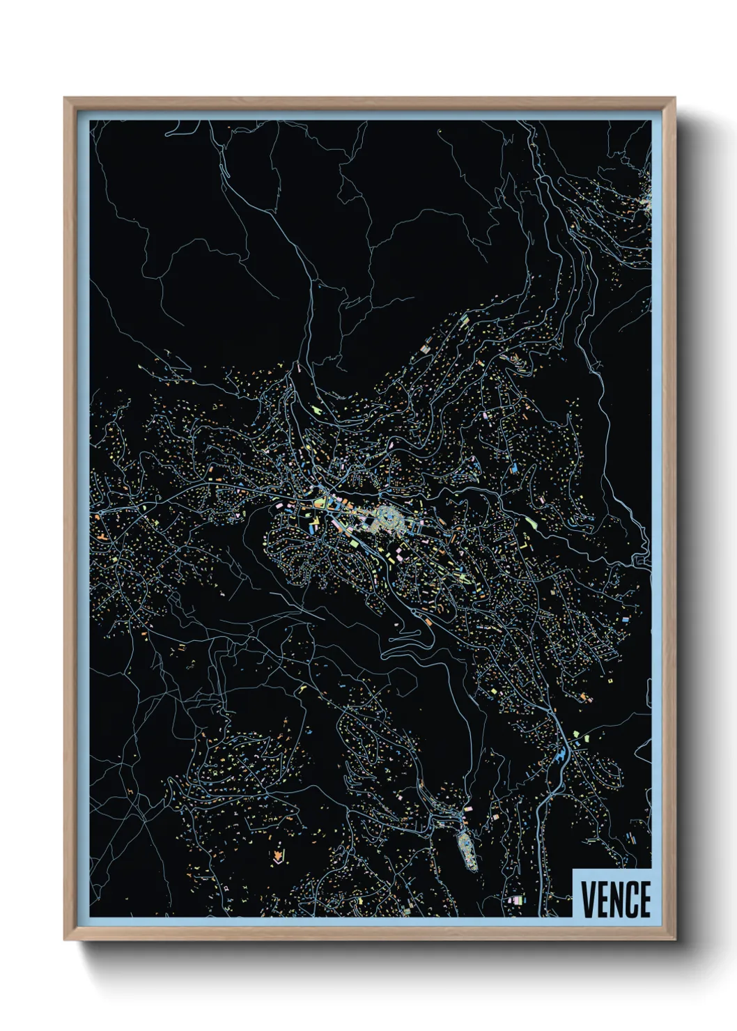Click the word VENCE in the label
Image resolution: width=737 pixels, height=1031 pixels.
[x=616, y=899]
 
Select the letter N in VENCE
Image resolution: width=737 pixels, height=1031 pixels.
[x=615, y=899]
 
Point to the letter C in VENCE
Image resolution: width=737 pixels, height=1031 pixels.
[x=630, y=899]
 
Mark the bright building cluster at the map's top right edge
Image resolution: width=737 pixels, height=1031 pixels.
[x=644, y=202]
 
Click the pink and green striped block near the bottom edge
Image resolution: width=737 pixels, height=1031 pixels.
[x=515, y=900]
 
